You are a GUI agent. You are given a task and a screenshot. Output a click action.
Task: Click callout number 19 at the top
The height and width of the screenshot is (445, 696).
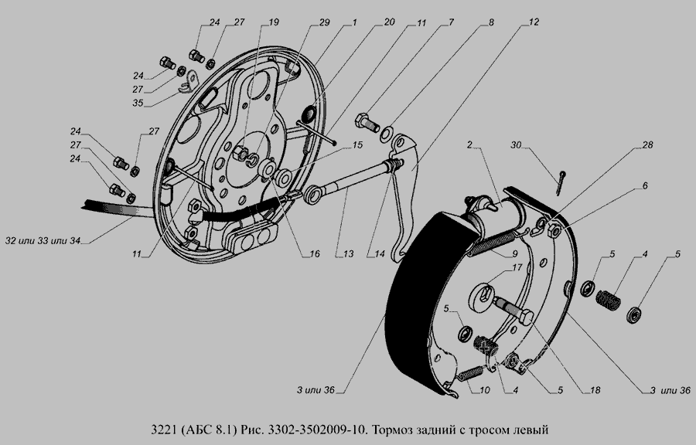[x=274, y=22]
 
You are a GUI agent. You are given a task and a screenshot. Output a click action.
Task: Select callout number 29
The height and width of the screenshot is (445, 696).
[x=325, y=22]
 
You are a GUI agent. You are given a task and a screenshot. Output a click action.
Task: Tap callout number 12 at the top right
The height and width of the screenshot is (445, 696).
[x=534, y=22]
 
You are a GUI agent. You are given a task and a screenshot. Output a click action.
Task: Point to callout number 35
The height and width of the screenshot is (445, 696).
[x=138, y=103]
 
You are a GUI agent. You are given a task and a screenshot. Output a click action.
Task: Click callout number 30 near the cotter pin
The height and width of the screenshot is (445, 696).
[x=516, y=145]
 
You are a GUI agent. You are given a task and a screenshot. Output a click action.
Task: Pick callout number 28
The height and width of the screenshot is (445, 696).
[x=647, y=145]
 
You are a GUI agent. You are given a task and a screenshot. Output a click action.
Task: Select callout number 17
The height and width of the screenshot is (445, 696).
[x=517, y=267]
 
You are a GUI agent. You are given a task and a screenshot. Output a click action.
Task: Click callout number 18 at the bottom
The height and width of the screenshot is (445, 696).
[x=595, y=390]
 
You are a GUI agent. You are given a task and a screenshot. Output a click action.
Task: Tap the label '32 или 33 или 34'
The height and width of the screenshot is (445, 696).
[x=43, y=241]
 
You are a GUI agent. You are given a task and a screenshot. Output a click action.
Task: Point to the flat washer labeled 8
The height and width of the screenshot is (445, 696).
[x=386, y=133]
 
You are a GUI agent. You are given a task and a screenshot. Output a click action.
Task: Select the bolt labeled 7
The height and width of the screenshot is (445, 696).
[x=367, y=122]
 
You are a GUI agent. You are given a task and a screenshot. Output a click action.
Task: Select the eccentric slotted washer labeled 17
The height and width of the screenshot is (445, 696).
[x=482, y=296]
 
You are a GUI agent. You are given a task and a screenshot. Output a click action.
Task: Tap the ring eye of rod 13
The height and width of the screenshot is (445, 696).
[x=313, y=195]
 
